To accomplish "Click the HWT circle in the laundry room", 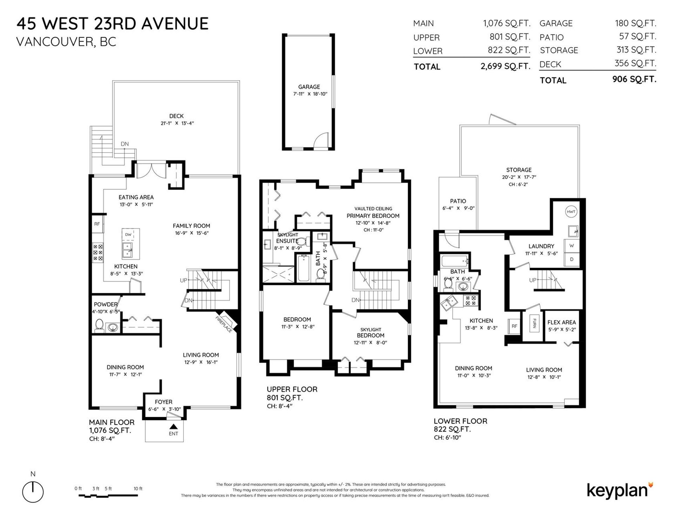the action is [x=571, y=212].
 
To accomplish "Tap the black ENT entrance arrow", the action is [x=173, y=426].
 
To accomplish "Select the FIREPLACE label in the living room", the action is [x=224, y=325].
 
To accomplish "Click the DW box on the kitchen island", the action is [x=128, y=234].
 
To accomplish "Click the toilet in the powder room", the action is [x=99, y=326].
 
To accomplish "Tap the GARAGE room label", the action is [x=309, y=87].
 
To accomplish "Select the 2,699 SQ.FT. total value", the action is [x=505, y=66].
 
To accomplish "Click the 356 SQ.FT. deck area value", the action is [x=635, y=63].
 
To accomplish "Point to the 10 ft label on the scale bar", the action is [x=138, y=488].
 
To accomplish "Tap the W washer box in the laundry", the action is [x=571, y=245].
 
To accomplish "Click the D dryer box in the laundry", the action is [x=571, y=259].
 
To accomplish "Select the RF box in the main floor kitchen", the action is [x=97, y=224].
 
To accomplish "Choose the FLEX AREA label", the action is [x=562, y=322].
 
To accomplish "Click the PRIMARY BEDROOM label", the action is [x=373, y=216].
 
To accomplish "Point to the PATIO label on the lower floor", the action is [x=458, y=201].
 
